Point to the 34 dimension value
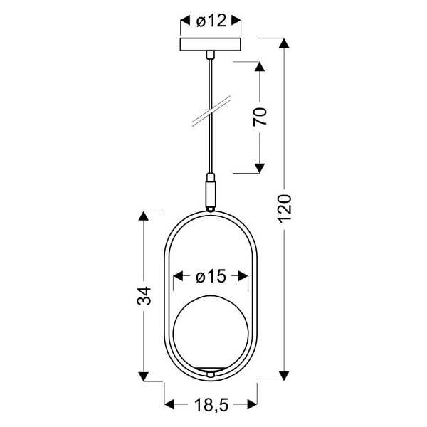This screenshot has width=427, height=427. pyautogui.click(x=145, y=295)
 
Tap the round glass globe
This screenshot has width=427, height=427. pyautogui.click(x=211, y=331)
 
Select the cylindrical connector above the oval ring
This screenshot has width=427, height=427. pyautogui.click(x=211, y=191)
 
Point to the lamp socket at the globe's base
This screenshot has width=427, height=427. pyautogui.click(x=211, y=371)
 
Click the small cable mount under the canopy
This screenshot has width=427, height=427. pyautogui.click(x=211, y=54)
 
